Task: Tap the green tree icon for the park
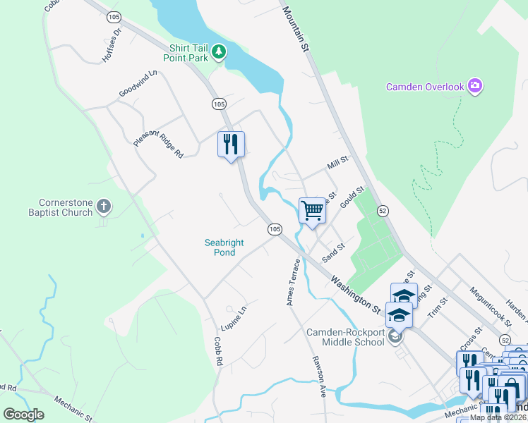220,51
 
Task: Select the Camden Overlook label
425,87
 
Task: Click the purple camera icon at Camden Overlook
475,86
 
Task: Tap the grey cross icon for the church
104,207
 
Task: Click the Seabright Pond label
224,247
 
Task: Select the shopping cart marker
312,210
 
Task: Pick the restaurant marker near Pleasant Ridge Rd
231,145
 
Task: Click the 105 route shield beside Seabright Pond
275,229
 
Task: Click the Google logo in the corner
24,415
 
